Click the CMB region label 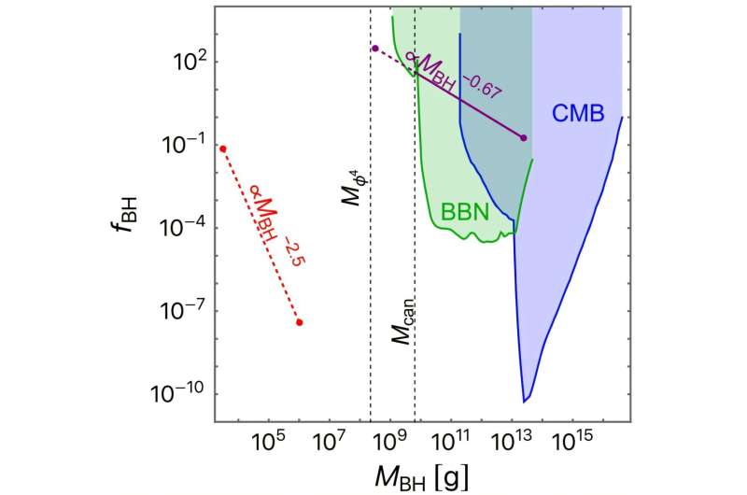pos(577,114)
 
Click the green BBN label pos(465,212)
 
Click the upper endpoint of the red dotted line pos(222,148)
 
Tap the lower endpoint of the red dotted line pos(299,322)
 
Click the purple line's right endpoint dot pos(523,138)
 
